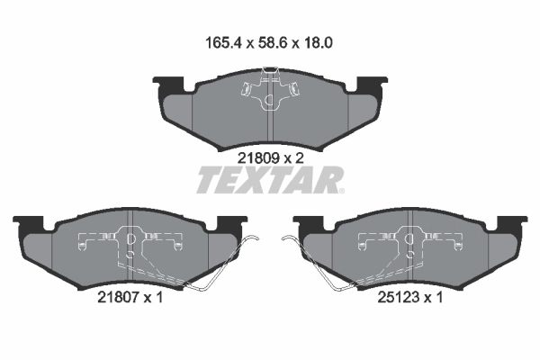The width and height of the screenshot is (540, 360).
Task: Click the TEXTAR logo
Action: click(270, 180)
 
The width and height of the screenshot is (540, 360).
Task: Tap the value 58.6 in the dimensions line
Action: click(271, 43)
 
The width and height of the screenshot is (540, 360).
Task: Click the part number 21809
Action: click(258, 158)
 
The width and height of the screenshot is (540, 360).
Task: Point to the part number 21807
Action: click(118, 297)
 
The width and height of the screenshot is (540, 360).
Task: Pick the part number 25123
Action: click(398, 297)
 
